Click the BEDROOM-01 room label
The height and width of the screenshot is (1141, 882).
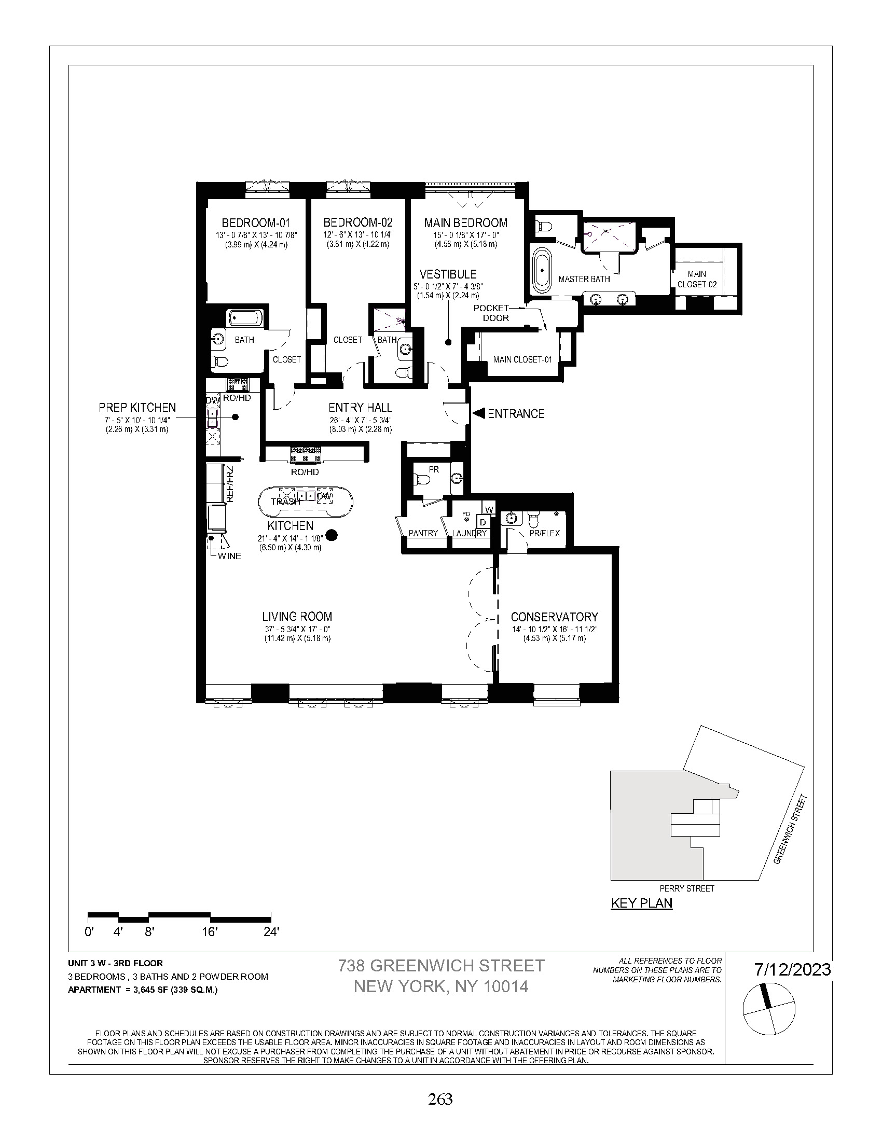coord(255,222)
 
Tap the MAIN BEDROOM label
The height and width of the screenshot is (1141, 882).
coord(465,223)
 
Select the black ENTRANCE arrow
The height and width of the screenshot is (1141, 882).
coord(479,413)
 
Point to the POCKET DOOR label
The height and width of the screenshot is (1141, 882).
coord(491,313)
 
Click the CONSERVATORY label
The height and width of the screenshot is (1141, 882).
coord(554,617)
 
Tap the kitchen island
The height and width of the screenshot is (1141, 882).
coord(306,502)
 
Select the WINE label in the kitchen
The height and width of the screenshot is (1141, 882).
coord(230,556)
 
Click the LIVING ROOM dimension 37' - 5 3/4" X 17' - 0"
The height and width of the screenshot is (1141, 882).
coord(298,629)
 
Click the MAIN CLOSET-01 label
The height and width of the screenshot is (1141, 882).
coord(522,359)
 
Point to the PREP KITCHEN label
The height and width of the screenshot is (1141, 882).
coord(137,408)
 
